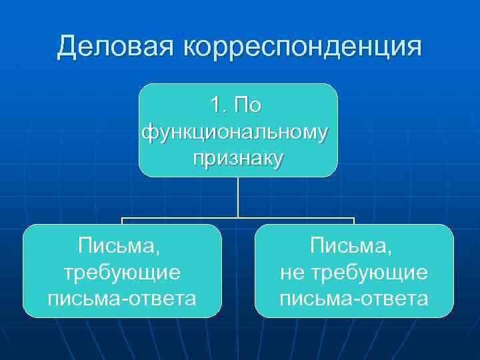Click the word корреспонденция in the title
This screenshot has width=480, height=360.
click(303, 48)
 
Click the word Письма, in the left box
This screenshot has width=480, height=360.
click(121, 247)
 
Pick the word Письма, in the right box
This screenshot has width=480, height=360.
click(353, 247)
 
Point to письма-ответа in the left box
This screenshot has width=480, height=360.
click(121, 297)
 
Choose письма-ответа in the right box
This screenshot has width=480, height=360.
click(353, 297)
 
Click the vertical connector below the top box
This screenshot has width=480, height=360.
click(238, 197)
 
